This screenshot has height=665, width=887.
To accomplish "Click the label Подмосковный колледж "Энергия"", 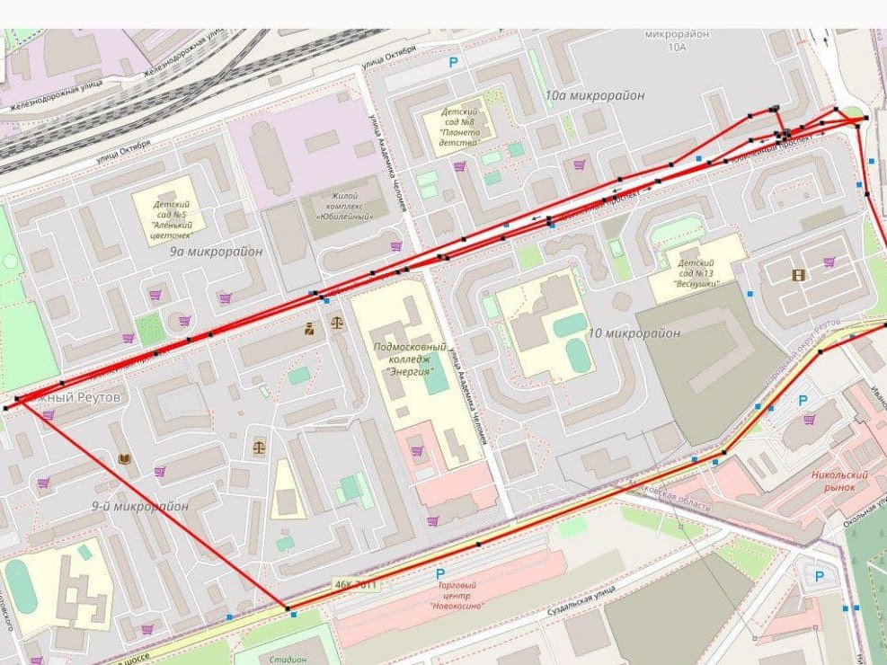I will click(x=409, y=358).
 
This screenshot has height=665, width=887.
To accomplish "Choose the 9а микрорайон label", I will click(x=216, y=252).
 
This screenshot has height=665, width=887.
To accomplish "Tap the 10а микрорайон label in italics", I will click(x=587, y=94).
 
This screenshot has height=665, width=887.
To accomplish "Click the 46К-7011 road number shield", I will click(x=355, y=584).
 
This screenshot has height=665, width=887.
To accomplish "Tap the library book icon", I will click(x=124, y=459).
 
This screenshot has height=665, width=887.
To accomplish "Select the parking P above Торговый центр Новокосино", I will click(x=439, y=574).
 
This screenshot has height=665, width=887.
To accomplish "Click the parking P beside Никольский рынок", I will click(x=803, y=402).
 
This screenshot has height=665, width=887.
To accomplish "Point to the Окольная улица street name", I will click(x=863, y=529).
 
